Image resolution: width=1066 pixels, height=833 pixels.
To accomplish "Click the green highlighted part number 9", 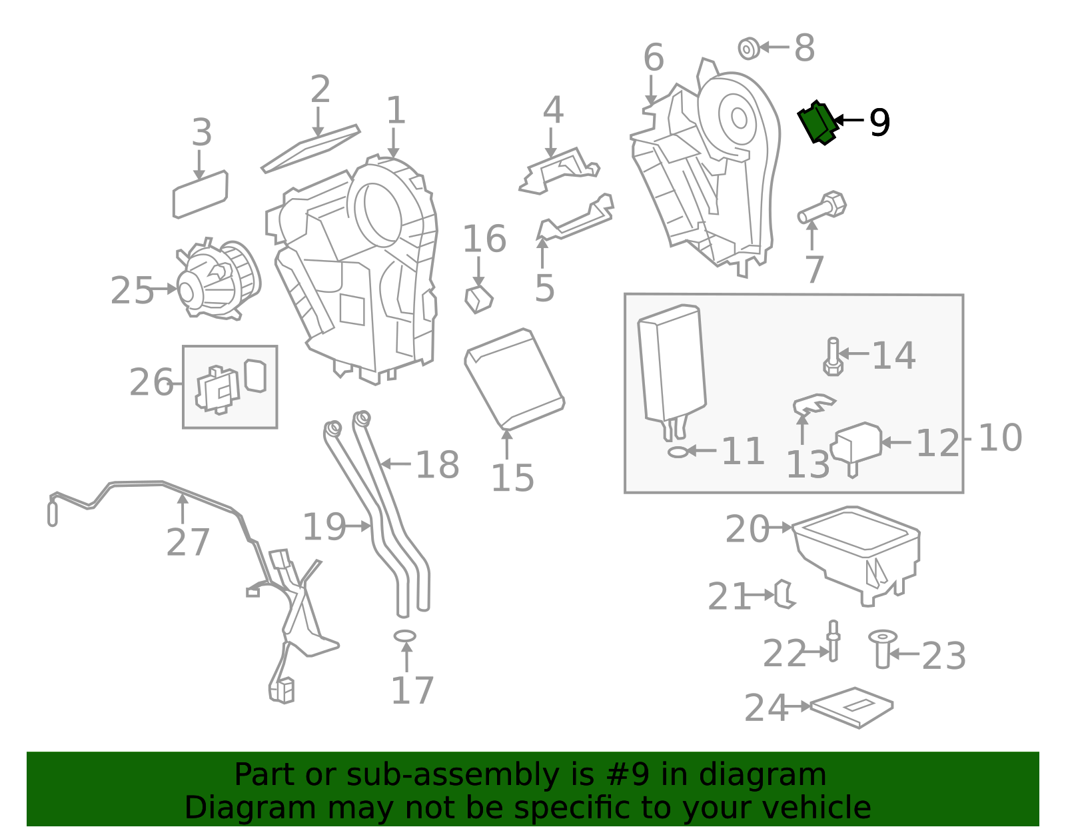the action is [x=817, y=123].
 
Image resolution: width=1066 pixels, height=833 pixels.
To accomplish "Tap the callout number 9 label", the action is [x=879, y=123].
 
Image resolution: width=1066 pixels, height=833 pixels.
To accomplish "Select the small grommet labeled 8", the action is [x=749, y=49].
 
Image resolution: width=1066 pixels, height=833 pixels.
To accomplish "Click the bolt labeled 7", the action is [x=822, y=207].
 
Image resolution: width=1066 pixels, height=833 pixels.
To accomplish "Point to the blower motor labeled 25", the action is [x=219, y=279].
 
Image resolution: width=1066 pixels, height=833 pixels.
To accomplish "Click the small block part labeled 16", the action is [x=479, y=298].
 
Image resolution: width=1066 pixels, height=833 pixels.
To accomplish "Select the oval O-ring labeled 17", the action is [x=404, y=637].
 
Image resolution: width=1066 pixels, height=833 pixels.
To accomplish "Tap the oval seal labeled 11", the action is [x=678, y=452].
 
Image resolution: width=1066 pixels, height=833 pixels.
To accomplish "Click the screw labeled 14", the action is [x=833, y=356].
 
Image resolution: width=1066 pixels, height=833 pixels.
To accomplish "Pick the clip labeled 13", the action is [x=813, y=404].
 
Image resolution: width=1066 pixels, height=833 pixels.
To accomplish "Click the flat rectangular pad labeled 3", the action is [x=200, y=194].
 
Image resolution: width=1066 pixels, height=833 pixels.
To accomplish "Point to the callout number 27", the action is [x=188, y=542].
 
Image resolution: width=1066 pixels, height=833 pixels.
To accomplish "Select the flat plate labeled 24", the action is [x=851, y=708].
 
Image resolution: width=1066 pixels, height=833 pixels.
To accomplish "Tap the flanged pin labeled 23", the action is [x=883, y=649].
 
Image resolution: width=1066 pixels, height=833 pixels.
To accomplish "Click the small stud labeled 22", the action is [x=833, y=640].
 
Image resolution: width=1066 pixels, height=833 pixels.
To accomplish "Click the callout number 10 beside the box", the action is [x=1000, y=438].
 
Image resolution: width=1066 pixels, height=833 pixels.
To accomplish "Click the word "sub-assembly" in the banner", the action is [x=452, y=774].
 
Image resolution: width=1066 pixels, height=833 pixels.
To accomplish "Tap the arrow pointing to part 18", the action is [x=396, y=464].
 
